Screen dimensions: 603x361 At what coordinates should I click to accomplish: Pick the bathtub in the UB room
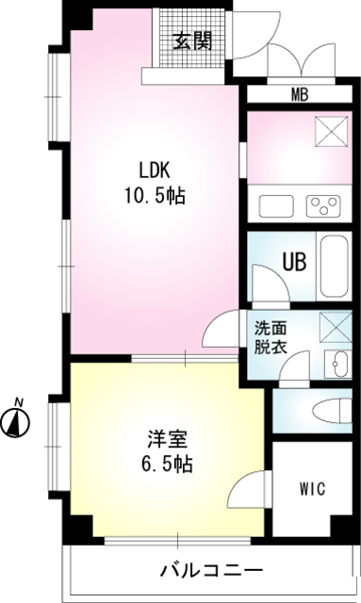pyautogui.click(x=335, y=265)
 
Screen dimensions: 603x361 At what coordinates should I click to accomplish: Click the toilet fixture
pyautogui.click(x=325, y=412)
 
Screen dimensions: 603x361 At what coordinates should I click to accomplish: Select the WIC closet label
pyautogui.click(x=314, y=489)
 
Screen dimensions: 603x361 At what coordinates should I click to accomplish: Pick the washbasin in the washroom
pyautogui.click(x=335, y=365)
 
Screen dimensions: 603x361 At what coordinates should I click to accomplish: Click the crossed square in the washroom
pyautogui.click(x=334, y=327)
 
